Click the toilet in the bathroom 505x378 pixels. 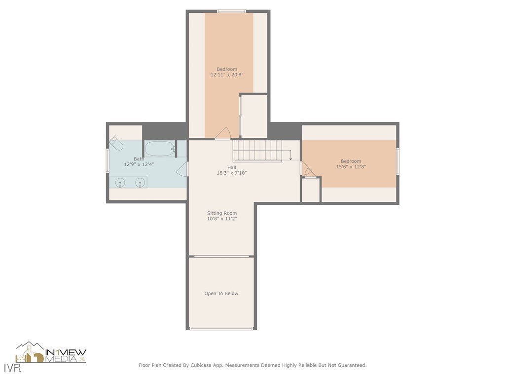pyautogui.click(x=116, y=144)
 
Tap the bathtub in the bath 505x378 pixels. pyautogui.click(x=160, y=149)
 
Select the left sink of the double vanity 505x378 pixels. pyautogui.click(x=120, y=182)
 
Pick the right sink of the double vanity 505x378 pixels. pyautogui.click(x=140, y=182)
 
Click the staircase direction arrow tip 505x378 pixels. pyautogui.click(x=290, y=159)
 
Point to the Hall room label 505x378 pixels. pyautogui.click(x=232, y=167)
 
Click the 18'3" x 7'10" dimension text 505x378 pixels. pyautogui.click(x=232, y=173)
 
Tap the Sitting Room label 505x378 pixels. pyautogui.click(x=222, y=213)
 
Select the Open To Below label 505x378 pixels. pyautogui.click(x=221, y=293)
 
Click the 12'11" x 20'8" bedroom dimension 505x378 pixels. pyautogui.click(x=227, y=75)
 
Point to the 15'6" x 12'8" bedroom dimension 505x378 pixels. pyautogui.click(x=351, y=167)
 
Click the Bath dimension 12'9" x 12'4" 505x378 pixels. pyautogui.click(x=139, y=164)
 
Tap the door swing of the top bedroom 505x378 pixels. pyautogui.click(x=222, y=133)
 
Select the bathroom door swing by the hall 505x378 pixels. pyautogui.click(x=182, y=169)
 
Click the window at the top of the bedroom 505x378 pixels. pyautogui.click(x=232, y=12)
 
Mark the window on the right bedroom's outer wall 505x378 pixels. pyautogui.click(x=398, y=161)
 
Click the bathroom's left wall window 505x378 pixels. pyautogui.click(x=108, y=161)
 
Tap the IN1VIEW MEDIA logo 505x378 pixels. pyautogui.click(x=51, y=352)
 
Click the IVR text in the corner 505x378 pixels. pyautogui.click(x=12, y=368)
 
